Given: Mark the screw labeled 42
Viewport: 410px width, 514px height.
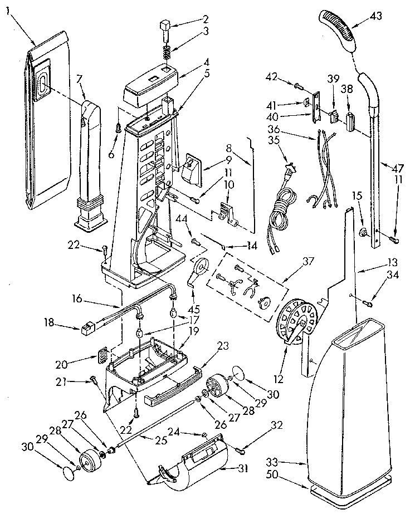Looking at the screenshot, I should pos(300,86).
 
